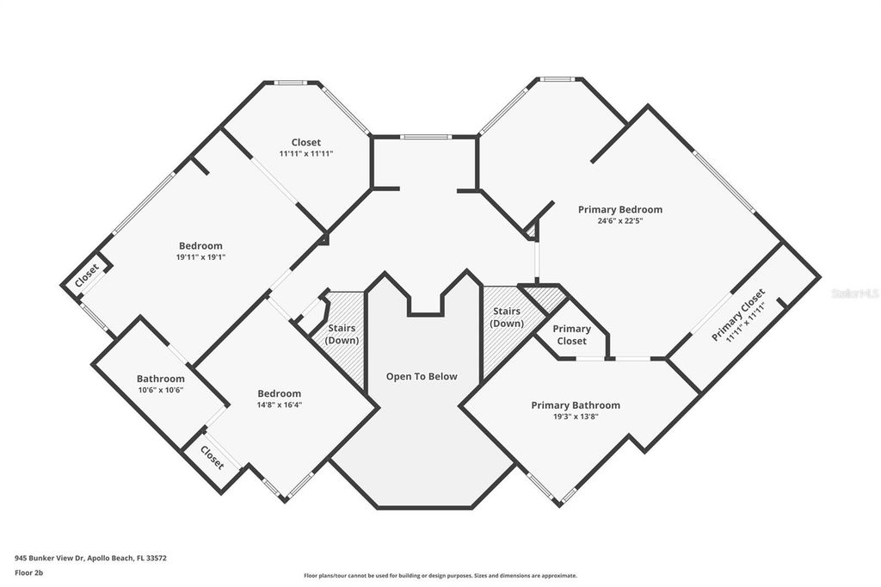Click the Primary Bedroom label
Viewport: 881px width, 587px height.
point(619,209)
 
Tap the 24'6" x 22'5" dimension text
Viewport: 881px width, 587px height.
point(619,221)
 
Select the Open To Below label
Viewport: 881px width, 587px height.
point(421,376)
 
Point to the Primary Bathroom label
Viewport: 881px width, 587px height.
point(575,405)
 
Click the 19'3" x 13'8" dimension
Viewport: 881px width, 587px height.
point(575,417)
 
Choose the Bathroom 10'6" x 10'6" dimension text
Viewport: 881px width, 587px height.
point(160,390)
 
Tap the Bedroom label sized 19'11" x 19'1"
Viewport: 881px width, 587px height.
point(200,245)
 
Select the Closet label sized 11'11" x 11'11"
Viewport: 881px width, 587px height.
point(305,142)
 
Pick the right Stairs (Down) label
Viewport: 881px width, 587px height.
point(507,317)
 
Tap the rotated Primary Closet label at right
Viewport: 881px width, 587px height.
point(738,317)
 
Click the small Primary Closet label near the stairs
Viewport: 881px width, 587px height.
point(571,335)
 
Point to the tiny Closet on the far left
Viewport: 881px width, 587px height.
point(86,275)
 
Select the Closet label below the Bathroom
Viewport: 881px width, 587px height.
point(213,457)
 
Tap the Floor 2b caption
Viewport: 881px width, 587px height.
point(28,572)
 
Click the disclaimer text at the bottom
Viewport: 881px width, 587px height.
point(440,576)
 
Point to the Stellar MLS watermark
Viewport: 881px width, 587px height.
point(855,293)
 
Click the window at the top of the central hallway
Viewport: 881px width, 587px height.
point(425,137)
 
